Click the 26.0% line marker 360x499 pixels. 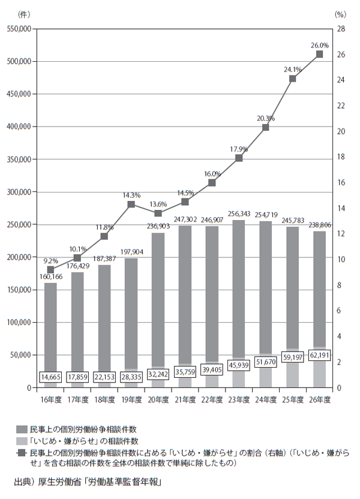tap(319, 54)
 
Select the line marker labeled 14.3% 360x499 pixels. tap(131, 205)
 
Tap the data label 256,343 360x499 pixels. tap(239, 214)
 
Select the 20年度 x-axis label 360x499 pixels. tap(158, 399)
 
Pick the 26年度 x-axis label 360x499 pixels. tap(319, 399)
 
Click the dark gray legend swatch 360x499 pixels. tap(20, 429)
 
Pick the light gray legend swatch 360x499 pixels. tap(20, 441)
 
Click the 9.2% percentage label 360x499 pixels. tap(50, 261)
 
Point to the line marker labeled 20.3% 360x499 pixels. tap(266, 127)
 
